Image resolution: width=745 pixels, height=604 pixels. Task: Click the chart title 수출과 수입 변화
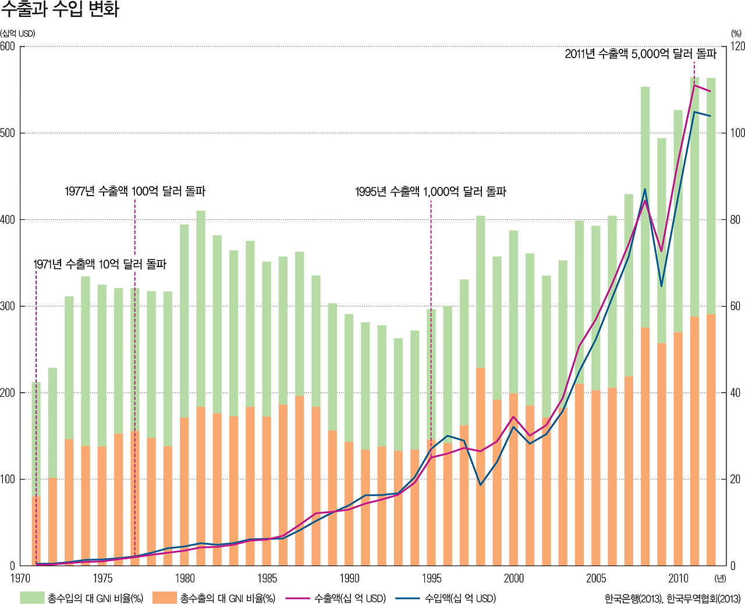click(60, 9)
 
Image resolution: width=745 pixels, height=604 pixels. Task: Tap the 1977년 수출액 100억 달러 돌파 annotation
click(135, 191)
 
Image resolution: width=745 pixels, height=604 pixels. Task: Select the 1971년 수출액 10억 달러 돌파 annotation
click(100, 264)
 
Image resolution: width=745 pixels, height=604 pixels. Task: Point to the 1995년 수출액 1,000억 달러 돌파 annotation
click(431, 191)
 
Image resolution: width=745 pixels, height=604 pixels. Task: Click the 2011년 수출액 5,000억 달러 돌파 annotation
click(640, 54)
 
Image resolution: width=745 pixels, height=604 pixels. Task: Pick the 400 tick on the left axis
click(8, 220)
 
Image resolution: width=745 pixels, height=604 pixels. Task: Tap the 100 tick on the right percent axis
click(737, 133)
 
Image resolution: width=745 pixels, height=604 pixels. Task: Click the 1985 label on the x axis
click(267, 578)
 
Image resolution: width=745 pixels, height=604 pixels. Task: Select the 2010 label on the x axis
click(678, 578)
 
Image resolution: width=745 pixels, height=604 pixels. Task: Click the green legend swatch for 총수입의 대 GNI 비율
click(32, 598)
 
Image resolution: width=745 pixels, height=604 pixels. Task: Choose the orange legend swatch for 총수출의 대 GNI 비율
click(164, 598)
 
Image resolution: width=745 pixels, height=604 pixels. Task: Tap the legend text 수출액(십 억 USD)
click(350, 598)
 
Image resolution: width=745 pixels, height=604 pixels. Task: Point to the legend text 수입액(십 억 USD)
click(460, 598)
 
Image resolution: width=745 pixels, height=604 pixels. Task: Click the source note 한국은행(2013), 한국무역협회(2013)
click(672, 598)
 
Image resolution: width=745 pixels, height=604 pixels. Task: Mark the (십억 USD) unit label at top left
click(18, 34)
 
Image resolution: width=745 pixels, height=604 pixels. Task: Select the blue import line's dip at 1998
click(481, 485)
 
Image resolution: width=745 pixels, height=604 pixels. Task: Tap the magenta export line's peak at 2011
click(694, 86)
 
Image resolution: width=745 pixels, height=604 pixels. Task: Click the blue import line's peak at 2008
click(645, 189)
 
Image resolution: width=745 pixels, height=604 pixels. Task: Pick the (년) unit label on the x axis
click(721, 578)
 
